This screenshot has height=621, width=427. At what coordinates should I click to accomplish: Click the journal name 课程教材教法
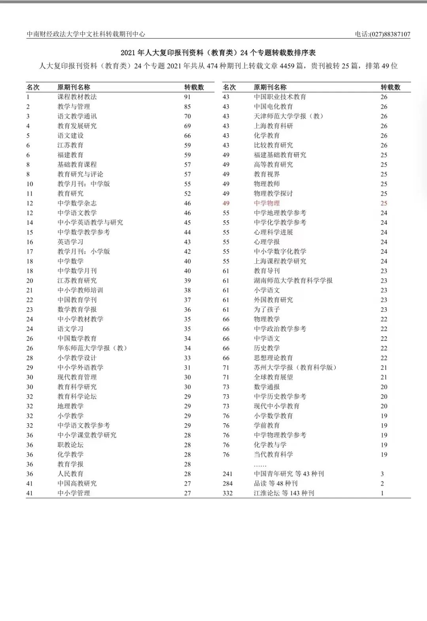point(77,97)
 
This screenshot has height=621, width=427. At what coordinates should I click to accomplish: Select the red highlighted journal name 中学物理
point(266,203)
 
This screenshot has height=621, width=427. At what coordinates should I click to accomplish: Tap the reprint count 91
point(187,97)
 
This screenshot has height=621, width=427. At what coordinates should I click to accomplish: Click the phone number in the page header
point(382,34)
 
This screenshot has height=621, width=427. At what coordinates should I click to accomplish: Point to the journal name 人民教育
point(70,474)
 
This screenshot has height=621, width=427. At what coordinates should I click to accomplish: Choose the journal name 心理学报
point(266,242)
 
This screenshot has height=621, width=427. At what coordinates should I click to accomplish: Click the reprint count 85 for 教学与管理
point(187,107)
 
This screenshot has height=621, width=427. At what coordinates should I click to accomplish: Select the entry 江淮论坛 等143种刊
point(284,493)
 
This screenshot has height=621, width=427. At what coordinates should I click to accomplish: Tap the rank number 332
point(227,493)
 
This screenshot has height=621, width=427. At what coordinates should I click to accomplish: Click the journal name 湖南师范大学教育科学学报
point(293,281)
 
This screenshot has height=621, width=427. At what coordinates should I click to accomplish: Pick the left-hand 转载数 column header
point(194,87)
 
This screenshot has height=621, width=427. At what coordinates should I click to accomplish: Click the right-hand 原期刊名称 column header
point(270,87)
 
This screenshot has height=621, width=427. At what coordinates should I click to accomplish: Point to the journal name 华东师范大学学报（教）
point(92,348)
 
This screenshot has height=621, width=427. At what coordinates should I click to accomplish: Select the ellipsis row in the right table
point(260,464)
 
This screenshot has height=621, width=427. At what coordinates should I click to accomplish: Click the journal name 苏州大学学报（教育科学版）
point(295,368)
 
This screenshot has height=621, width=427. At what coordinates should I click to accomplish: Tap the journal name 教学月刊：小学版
point(83,252)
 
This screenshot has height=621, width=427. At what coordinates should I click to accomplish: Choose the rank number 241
point(227,474)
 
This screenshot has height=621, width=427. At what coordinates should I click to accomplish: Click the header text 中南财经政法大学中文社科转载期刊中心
point(86,34)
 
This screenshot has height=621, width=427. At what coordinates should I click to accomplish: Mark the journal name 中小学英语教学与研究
point(90,223)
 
